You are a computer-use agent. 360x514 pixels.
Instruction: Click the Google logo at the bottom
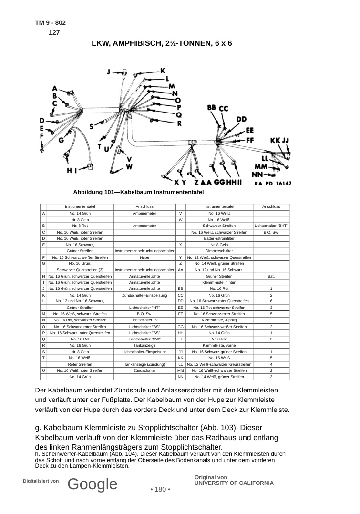[93, 484]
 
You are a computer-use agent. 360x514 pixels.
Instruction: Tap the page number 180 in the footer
[160, 489]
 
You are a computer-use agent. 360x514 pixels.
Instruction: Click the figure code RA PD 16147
[273, 183]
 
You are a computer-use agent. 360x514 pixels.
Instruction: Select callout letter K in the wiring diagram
[162, 71]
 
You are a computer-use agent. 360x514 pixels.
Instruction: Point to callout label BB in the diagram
[212, 108]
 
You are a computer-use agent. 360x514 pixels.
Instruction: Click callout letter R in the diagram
[179, 124]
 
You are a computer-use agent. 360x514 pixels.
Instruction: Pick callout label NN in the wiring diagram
[257, 175]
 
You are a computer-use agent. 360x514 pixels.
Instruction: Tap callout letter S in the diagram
[92, 126]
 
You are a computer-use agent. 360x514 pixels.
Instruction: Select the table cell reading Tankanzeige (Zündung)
[144, 364]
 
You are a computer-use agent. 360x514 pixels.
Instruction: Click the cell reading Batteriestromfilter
[219, 238]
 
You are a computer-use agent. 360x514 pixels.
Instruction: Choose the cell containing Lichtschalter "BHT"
[271, 226]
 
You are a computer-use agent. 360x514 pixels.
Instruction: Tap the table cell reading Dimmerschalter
[219, 251]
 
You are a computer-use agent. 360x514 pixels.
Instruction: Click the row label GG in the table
[180, 327]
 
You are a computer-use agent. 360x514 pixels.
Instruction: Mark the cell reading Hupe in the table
[144, 257]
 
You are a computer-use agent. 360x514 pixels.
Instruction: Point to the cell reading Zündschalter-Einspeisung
[144, 295]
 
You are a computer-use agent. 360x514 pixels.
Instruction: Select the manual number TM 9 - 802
[51, 22]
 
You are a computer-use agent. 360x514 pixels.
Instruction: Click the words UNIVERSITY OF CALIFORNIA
[234, 483]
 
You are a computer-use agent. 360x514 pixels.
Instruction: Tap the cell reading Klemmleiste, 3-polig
[219, 320]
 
